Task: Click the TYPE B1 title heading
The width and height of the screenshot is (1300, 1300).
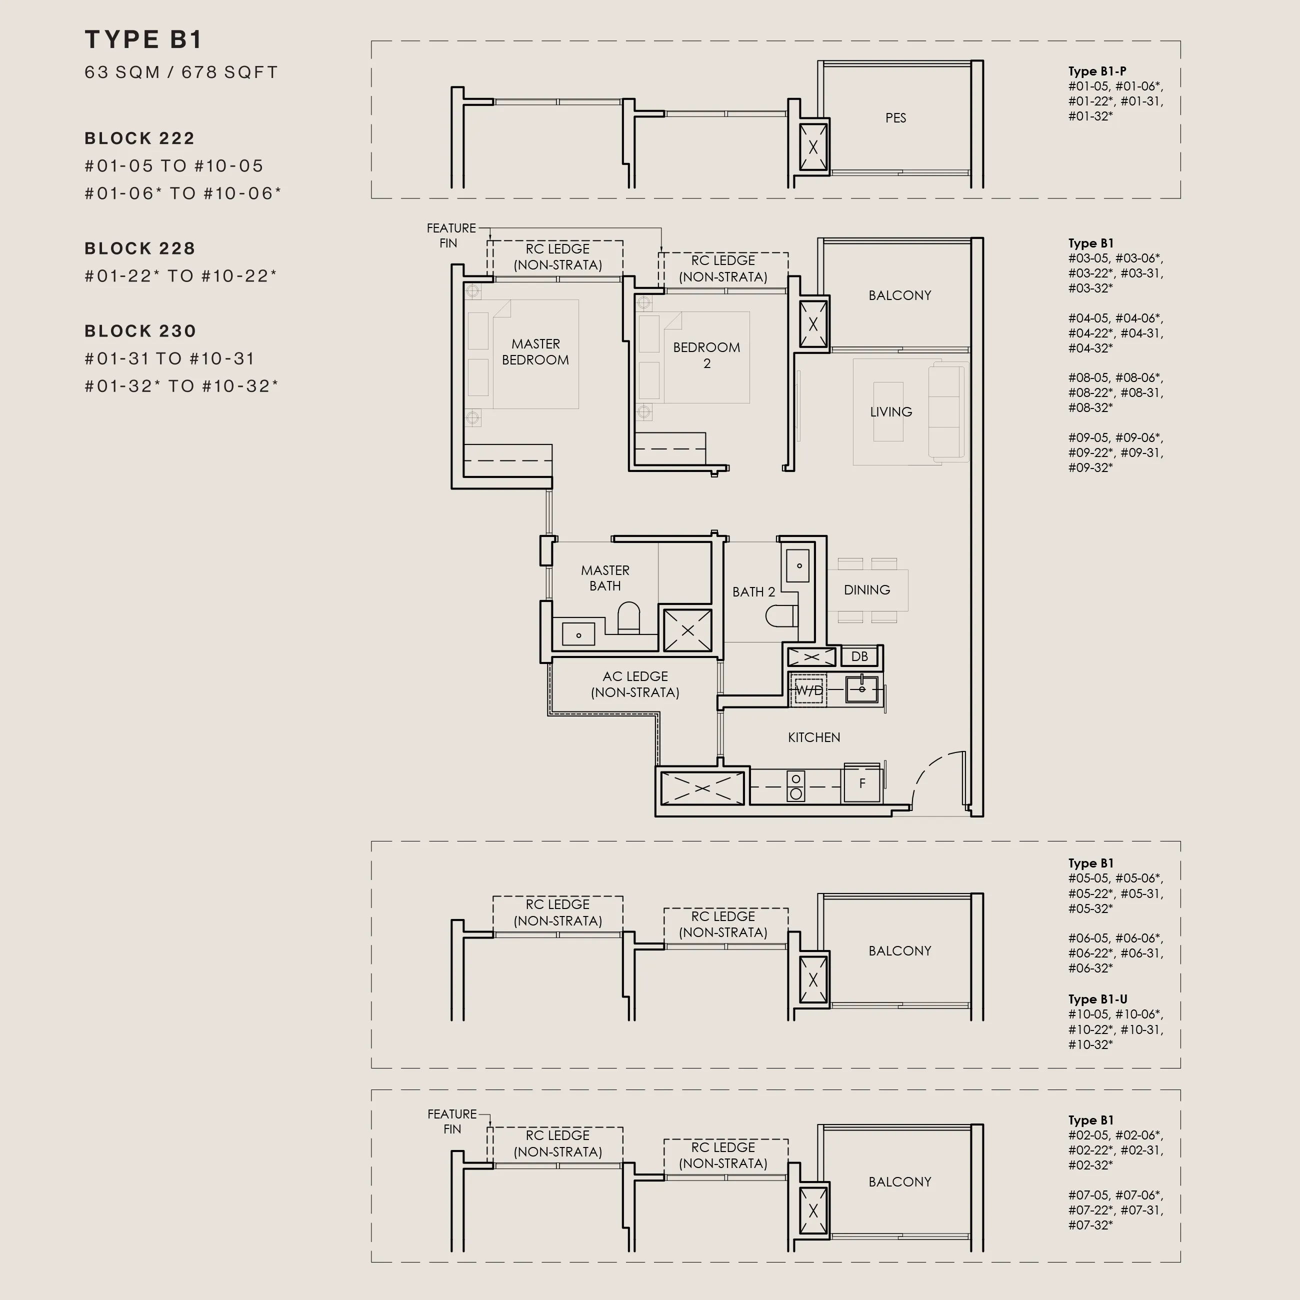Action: [143, 39]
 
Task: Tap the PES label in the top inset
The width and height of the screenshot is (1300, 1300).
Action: [895, 118]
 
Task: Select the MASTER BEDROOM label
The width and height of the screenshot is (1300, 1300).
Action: [535, 352]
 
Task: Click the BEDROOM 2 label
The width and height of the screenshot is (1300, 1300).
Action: [706, 355]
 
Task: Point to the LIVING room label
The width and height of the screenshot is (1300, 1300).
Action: [891, 412]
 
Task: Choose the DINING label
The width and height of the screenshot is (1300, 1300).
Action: [866, 589]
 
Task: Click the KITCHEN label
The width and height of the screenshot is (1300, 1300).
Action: [814, 737]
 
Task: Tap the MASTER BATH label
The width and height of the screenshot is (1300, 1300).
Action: [605, 578]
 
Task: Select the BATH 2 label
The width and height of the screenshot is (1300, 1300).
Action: [753, 591]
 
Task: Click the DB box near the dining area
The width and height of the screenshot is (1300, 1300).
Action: [859, 656]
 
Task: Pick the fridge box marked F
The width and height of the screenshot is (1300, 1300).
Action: [862, 783]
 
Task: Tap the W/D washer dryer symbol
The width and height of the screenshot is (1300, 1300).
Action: [808, 689]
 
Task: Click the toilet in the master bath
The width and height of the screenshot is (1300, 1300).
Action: [628, 617]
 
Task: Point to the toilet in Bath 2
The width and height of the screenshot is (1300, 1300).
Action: [781, 615]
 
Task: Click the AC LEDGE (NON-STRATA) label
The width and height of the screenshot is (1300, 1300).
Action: [635, 684]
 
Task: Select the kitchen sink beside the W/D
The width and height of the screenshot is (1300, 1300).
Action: [862, 689]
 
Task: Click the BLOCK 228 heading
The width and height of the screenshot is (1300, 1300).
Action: [140, 248]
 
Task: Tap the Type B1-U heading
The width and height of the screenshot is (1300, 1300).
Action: [1097, 999]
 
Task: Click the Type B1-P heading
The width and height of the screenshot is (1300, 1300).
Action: [1097, 71]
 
